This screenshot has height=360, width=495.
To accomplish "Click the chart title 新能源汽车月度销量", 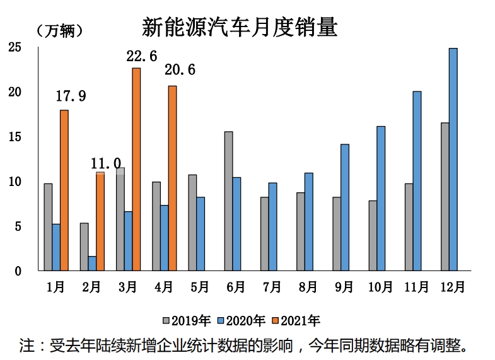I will pyautogui.click(x=240, y=27).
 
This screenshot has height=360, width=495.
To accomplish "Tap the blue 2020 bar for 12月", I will pyautogui.click(x=453, y=160).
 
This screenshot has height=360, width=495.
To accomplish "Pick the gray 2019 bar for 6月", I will pyautogui.click(x=228, y=201).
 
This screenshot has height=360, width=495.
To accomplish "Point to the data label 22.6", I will pyautogui.click(x=142, y=57).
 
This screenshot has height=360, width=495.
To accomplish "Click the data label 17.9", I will pyautogui.click(x=71, y=96).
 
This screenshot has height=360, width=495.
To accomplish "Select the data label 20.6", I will pyautogui.click(x=180, y=70).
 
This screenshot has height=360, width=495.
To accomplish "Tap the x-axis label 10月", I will pyautogui.click(x=380, y=287).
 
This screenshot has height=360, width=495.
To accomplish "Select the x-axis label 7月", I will pyautogui.click(x=272, y=287).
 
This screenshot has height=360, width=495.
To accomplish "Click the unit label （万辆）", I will pyautogui.click(x=60, y=30).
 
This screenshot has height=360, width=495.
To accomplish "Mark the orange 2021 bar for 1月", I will pyautogui.click(x=64, y=190).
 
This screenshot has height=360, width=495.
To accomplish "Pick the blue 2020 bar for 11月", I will pyautogui.click(x=417, y=181).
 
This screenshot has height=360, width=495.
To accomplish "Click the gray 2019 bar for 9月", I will pyautogui.click(x=337, y=234).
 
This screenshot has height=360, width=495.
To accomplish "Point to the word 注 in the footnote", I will pyautogui.click(x=27, y=345).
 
